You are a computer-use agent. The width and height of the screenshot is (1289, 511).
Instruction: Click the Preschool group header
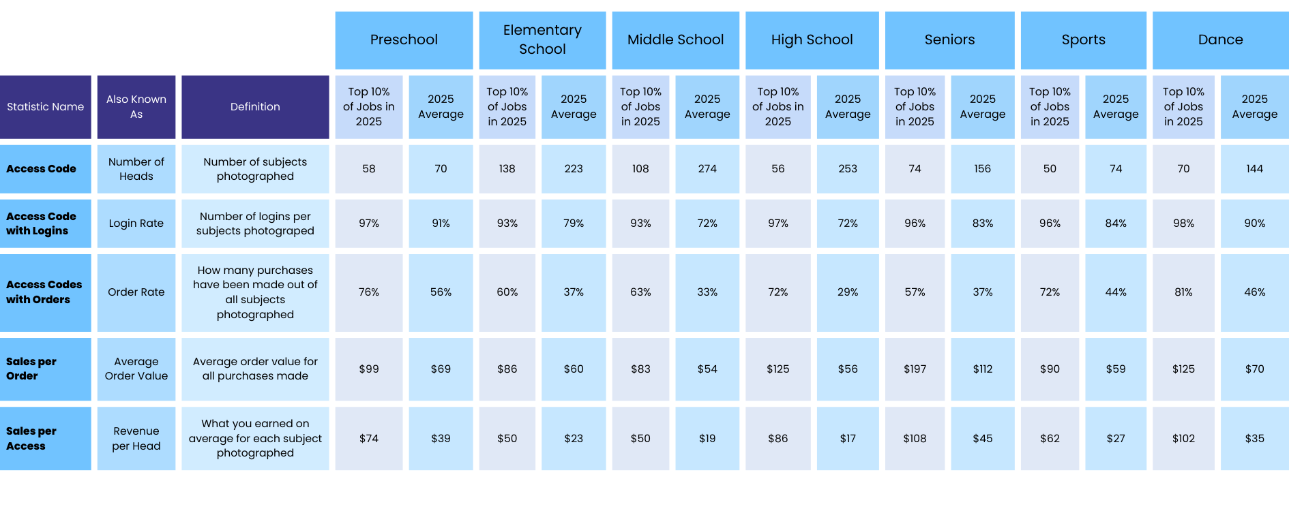404,40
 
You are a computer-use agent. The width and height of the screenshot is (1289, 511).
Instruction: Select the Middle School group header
675,40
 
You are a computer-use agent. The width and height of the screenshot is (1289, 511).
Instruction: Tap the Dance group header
1220,40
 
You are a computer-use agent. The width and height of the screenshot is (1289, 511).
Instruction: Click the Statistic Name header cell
46,107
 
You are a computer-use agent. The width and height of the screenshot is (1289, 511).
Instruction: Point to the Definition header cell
255,107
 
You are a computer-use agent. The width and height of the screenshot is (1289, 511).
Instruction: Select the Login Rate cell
136,223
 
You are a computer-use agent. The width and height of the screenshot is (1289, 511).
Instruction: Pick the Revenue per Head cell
136,439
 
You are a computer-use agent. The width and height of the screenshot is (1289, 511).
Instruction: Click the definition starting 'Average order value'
255,369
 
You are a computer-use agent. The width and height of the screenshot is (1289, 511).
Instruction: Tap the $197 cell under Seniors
915,369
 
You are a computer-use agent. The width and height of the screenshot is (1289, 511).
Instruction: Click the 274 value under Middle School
707,168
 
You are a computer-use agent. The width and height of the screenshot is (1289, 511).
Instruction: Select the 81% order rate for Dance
1183,292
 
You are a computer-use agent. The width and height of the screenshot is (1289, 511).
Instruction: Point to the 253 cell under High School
848,168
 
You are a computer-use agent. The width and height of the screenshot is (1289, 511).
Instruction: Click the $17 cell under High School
848,439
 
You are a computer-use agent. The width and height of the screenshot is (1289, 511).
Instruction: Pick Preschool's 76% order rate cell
369,292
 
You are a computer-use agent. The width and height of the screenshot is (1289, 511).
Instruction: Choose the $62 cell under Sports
1050,439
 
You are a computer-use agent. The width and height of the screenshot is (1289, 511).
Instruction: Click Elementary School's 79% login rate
574,223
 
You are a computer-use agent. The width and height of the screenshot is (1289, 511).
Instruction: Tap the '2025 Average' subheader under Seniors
982,107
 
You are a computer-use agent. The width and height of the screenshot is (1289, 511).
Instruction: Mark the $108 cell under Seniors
915,439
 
